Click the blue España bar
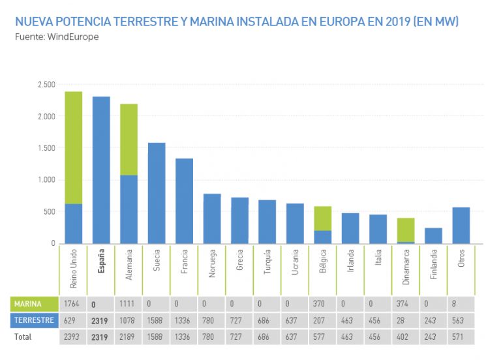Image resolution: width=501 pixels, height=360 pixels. [x=101, y=170]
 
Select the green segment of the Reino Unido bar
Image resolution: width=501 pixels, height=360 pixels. [x=73, y=147]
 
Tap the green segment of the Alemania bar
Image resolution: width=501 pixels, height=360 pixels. [x=129, y=140]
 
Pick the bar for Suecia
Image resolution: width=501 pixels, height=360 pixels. [x=157, y=193]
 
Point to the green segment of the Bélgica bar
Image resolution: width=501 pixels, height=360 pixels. [x=323, y=218]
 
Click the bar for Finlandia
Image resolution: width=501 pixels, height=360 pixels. [x=434, y=235]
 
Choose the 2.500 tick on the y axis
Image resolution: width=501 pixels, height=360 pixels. [x=46, y=85]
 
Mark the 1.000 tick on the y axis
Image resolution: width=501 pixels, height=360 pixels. [x=46, y=180]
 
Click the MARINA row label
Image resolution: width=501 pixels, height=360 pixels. [x=29, y=304]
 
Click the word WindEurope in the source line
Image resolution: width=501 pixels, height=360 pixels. [x=72, y=37]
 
